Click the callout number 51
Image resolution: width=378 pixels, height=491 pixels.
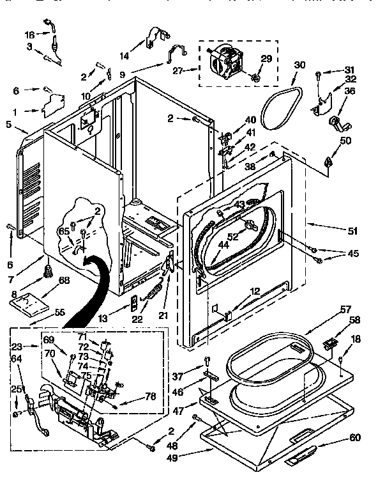352,231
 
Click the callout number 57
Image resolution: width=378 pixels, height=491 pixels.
345,309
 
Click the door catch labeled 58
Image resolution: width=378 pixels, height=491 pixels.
330,343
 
